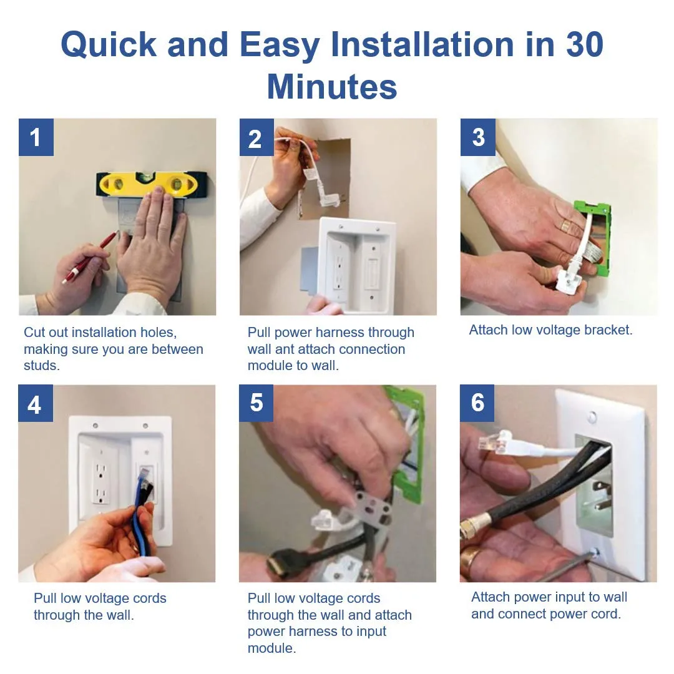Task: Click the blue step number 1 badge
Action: (x=36, y=137)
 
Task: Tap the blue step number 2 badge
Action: (x=256, y=137)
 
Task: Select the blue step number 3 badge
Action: (x=477, y=137)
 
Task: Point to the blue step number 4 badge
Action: (x=35, y=403)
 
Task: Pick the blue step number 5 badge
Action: (x=256, y=403)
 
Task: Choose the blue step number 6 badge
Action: (x=477, y=403)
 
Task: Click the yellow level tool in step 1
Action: (x=152, y=185)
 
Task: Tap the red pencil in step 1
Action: (x=89, y=258)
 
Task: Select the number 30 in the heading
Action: (x=585, y=44)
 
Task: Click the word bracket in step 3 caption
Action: (x=605, y=330)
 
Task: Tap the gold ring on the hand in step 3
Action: (x=566, y=226)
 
